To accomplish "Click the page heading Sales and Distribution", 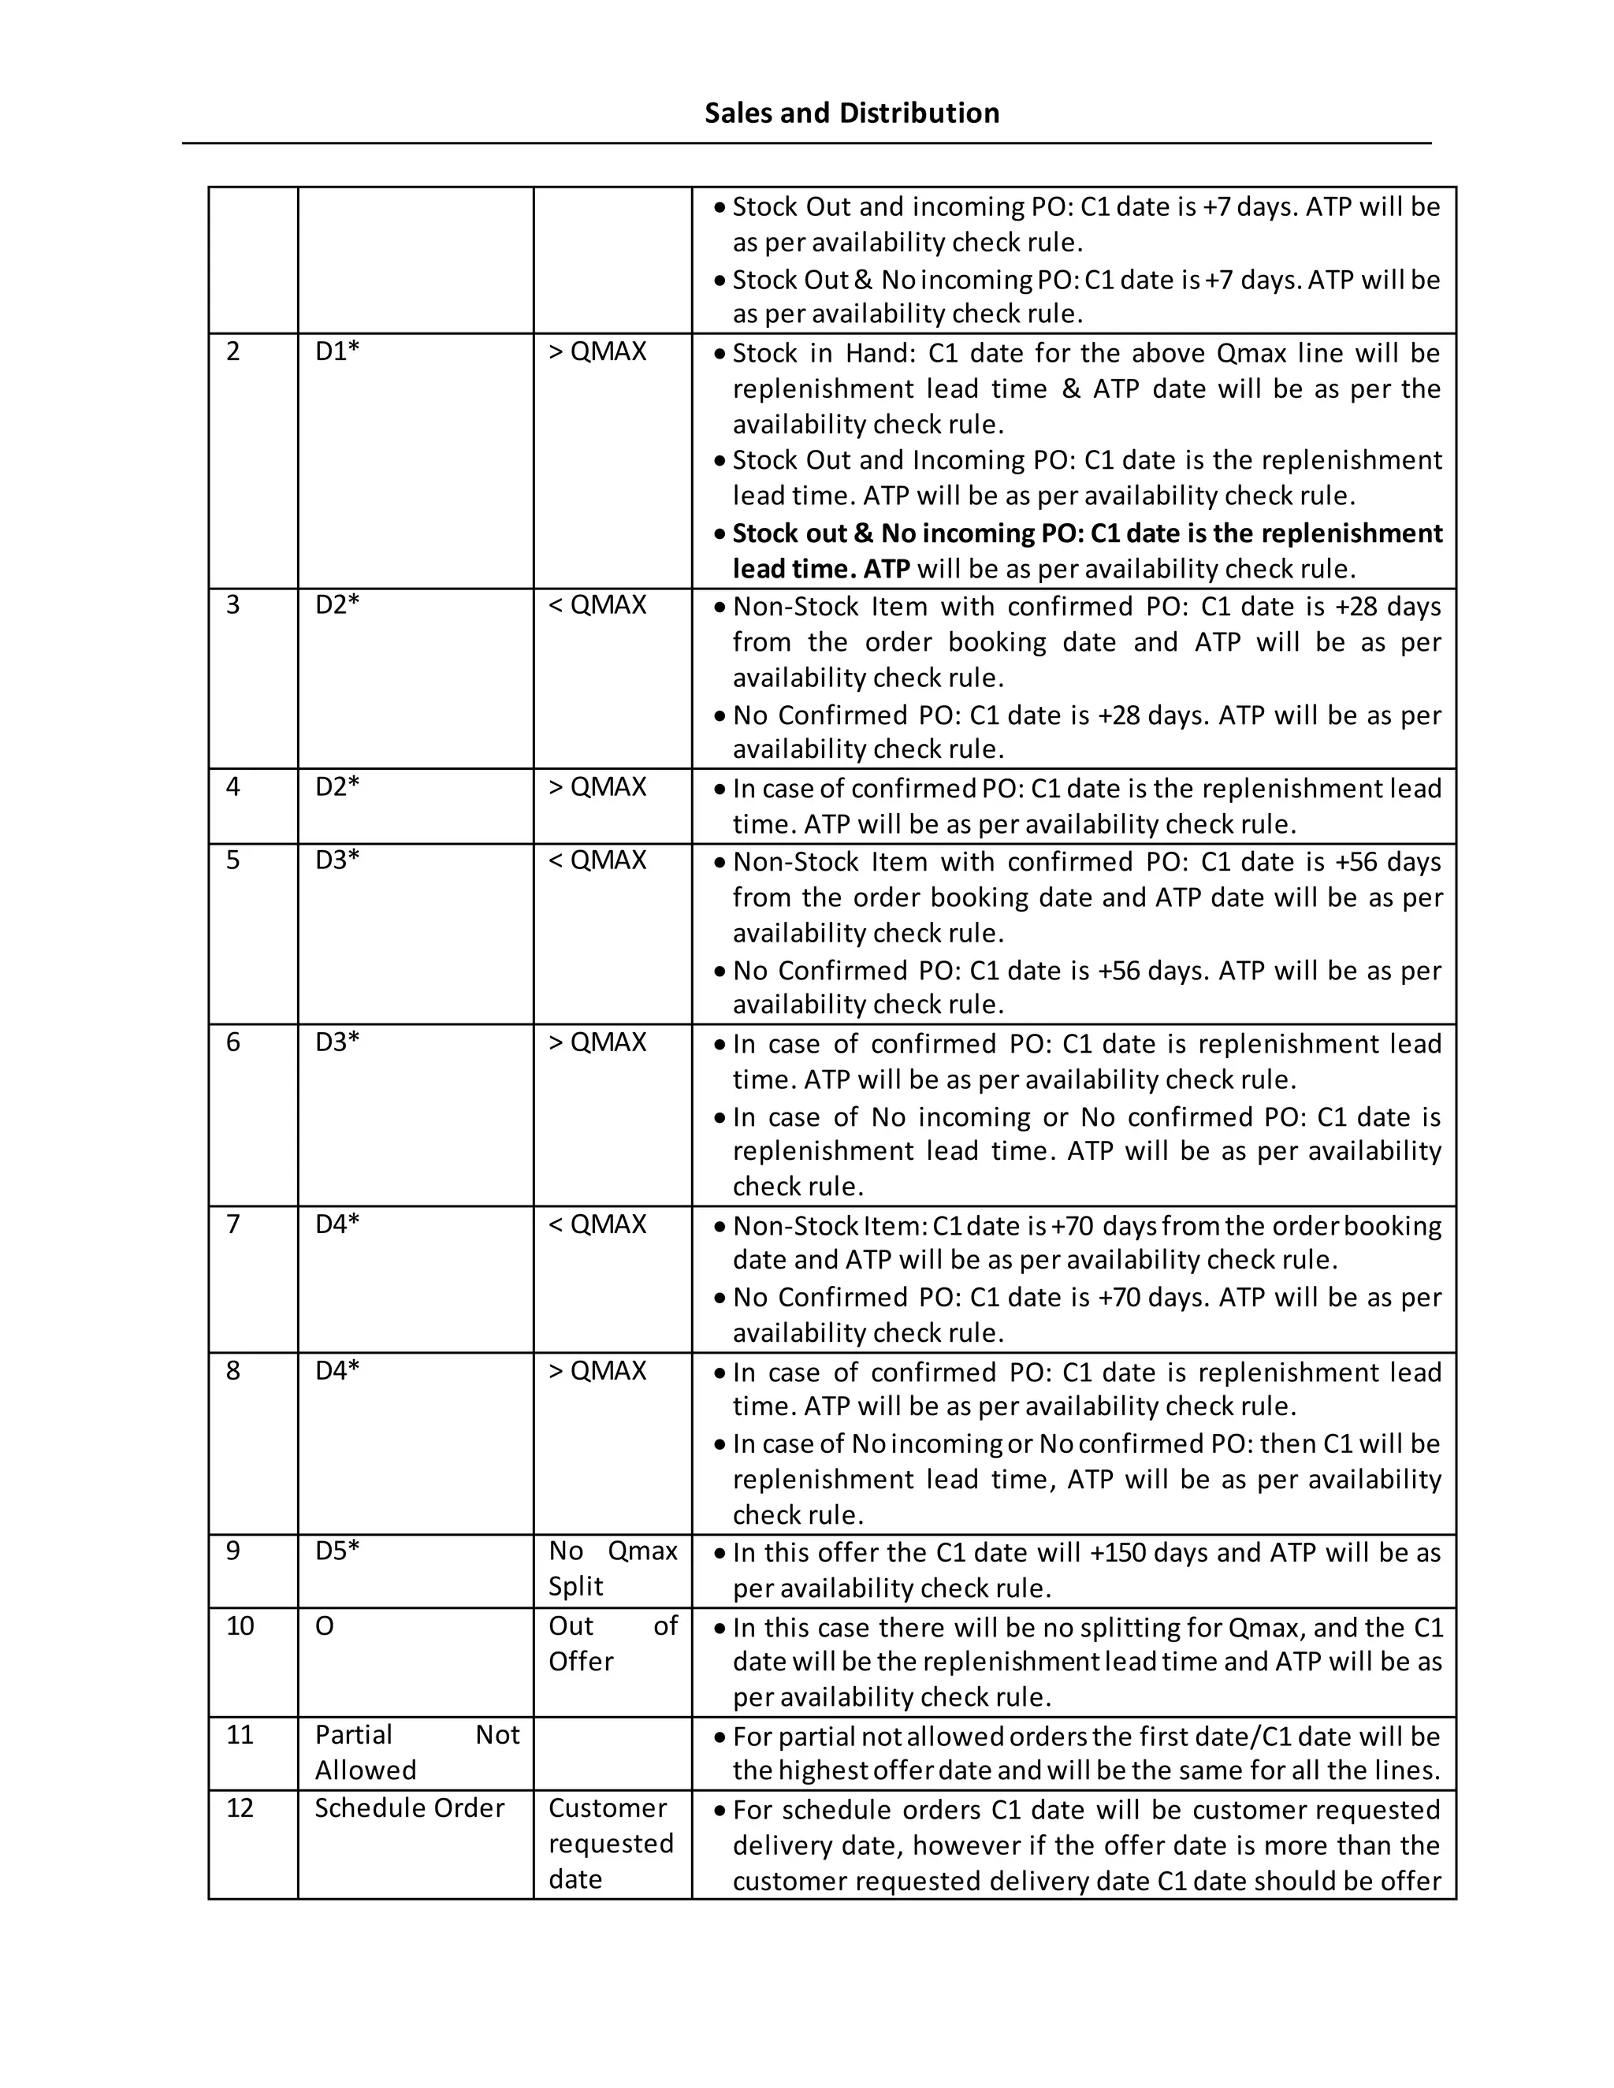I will (851, 113).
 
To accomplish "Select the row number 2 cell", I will (233, 352).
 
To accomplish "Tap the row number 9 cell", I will (233, 1551).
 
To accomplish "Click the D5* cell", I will (337, 1551).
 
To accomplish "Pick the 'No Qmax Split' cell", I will (612, 1568).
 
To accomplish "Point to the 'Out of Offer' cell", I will (612, 1644).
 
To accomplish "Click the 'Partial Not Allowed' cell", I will (416, 1752).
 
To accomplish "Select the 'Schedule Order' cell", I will (409, 1807).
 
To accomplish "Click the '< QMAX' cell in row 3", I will (597, 605).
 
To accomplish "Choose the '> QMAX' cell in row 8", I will (597, 1371).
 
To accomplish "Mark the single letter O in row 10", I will (324, 1626).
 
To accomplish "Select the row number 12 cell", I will (240, 1807).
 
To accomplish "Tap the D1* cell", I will (337, 352).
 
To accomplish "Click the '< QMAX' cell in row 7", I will (597, 1224).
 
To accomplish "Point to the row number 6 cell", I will (233, 1042).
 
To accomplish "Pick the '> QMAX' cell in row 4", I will (597, 787).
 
